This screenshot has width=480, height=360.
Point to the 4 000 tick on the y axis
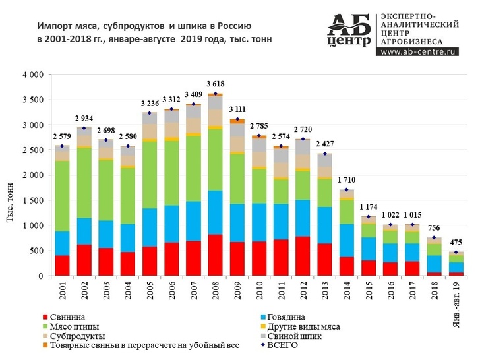coord(34,75)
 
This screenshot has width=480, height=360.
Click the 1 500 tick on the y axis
coord(34,200)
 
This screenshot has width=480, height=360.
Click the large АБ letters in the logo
coord(349,24)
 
